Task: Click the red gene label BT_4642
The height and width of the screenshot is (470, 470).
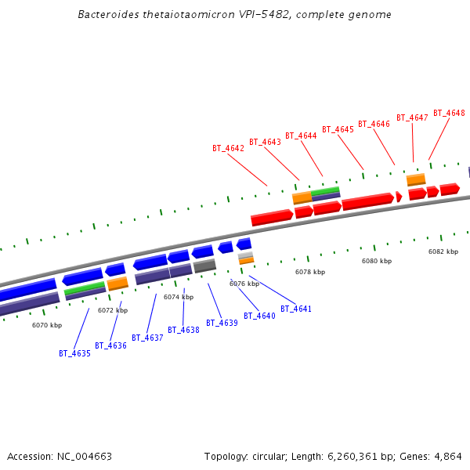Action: tap(228, 148)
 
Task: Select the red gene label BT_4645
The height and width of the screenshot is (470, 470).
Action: tap(338, 129)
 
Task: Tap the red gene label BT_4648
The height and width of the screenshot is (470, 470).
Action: tap(449, 113)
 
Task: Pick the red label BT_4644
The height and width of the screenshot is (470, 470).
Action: tap(301, 136)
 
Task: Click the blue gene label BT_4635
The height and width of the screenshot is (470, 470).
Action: tap(74, 353)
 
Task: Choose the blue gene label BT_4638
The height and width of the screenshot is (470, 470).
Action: tap(183, 330)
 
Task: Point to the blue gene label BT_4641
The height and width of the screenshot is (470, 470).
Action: tap(295, 309)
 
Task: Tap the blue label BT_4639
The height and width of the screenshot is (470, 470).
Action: tap(222, 323)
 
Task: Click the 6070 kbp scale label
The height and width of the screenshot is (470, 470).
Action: tap(47, 325)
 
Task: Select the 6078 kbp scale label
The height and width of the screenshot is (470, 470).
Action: tap(310, 272)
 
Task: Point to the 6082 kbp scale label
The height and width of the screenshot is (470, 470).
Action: tap(443, 251)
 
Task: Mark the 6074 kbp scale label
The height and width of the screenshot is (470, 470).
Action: tap(179, 297)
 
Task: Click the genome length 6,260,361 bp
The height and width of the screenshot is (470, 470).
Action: tap(349, 456)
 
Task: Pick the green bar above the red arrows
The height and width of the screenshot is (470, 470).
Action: tap(325, 190)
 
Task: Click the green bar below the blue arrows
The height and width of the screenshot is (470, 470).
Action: tap(85, 288)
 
